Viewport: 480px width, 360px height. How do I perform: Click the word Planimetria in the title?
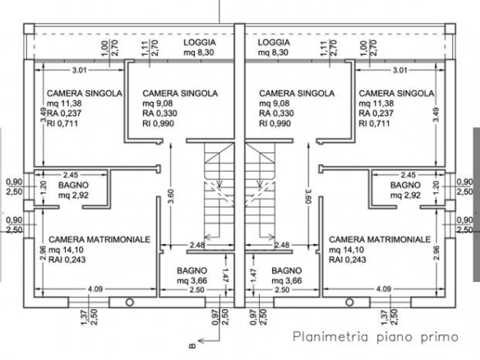point(330,337)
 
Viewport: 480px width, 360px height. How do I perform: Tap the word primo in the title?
point(439,337)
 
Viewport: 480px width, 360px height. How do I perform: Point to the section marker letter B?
point(192,346)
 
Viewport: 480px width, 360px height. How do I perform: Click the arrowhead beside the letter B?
point(201,340)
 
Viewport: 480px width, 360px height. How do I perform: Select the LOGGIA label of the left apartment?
point(200,43)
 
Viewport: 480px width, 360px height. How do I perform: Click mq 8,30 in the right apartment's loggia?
point(273,53)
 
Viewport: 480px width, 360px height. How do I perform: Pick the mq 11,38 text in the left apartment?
point(64,104)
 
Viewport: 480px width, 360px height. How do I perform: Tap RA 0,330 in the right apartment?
point(276,113)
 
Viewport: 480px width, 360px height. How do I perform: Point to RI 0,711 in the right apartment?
point(374,123)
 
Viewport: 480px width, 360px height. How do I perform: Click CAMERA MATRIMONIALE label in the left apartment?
point(99,239)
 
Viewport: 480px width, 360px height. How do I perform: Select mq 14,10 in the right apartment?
point(346,250)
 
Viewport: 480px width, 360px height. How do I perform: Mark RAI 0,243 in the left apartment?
point(67,260)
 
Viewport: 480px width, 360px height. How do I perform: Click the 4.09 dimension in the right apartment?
point(384,289)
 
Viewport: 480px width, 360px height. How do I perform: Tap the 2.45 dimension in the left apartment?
point(71,175)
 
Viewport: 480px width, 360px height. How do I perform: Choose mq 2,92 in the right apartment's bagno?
point(405,196)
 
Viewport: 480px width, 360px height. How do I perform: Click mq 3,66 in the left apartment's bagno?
point(192,281)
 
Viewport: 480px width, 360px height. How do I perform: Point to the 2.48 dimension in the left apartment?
point(197,245)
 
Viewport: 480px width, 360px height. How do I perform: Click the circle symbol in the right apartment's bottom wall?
point(349,302)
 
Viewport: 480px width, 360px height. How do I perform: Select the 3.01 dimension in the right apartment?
point(400,71)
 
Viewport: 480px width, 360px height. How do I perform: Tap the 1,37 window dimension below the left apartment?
point(85,316)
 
